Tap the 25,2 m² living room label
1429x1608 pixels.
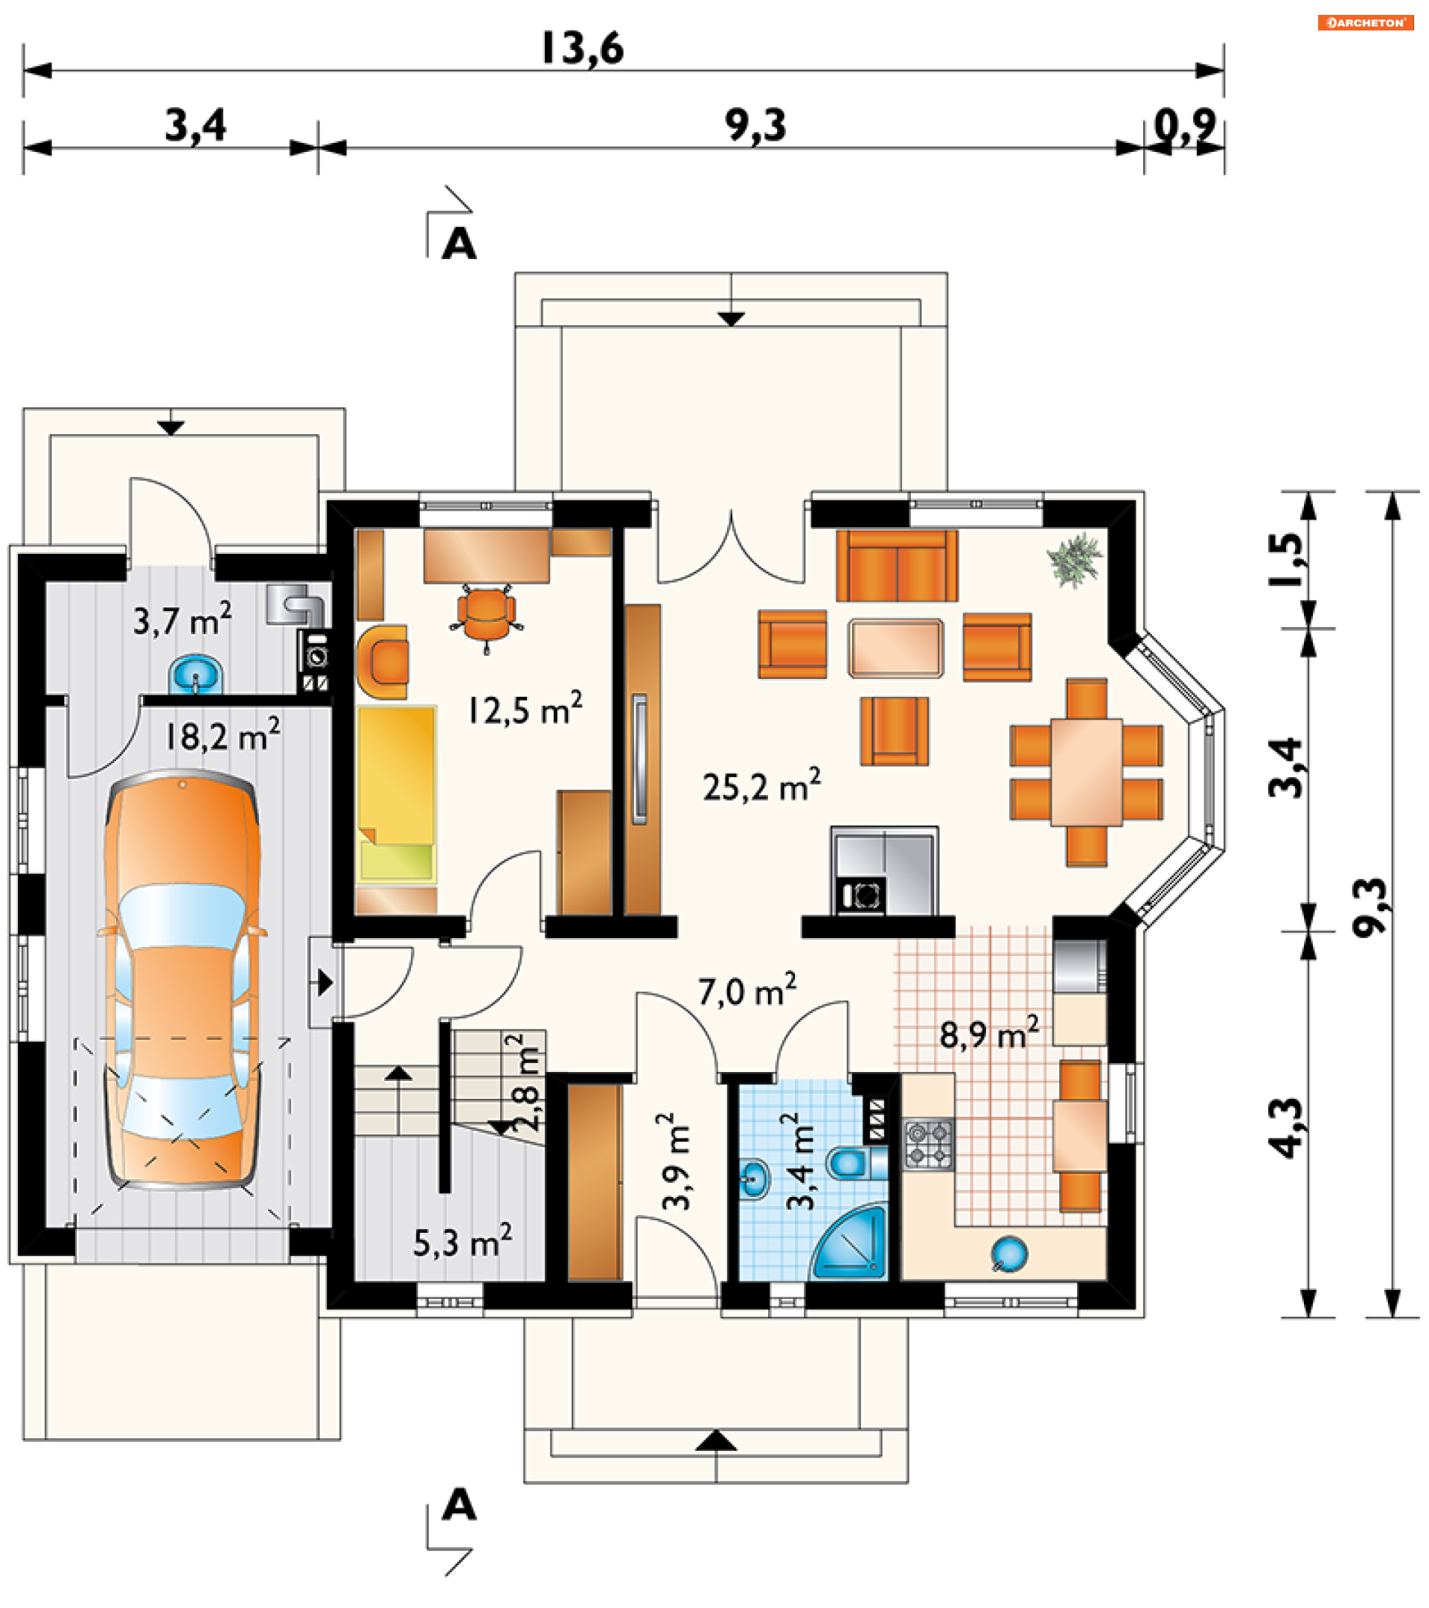761,786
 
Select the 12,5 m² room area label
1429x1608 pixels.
525,709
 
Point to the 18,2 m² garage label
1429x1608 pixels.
222,736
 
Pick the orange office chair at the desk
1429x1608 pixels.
487,614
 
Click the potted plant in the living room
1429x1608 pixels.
1074,559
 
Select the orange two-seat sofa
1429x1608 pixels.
897,566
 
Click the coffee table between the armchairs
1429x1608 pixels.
895,648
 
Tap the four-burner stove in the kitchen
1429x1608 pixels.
928,1144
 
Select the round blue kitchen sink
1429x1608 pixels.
1009,1252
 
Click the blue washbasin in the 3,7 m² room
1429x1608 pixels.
196,674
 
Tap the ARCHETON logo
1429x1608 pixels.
1365,22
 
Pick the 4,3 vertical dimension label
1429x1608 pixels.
1285,1127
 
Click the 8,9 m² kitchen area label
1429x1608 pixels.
988,1033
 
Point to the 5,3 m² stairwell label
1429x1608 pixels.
462,1240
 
